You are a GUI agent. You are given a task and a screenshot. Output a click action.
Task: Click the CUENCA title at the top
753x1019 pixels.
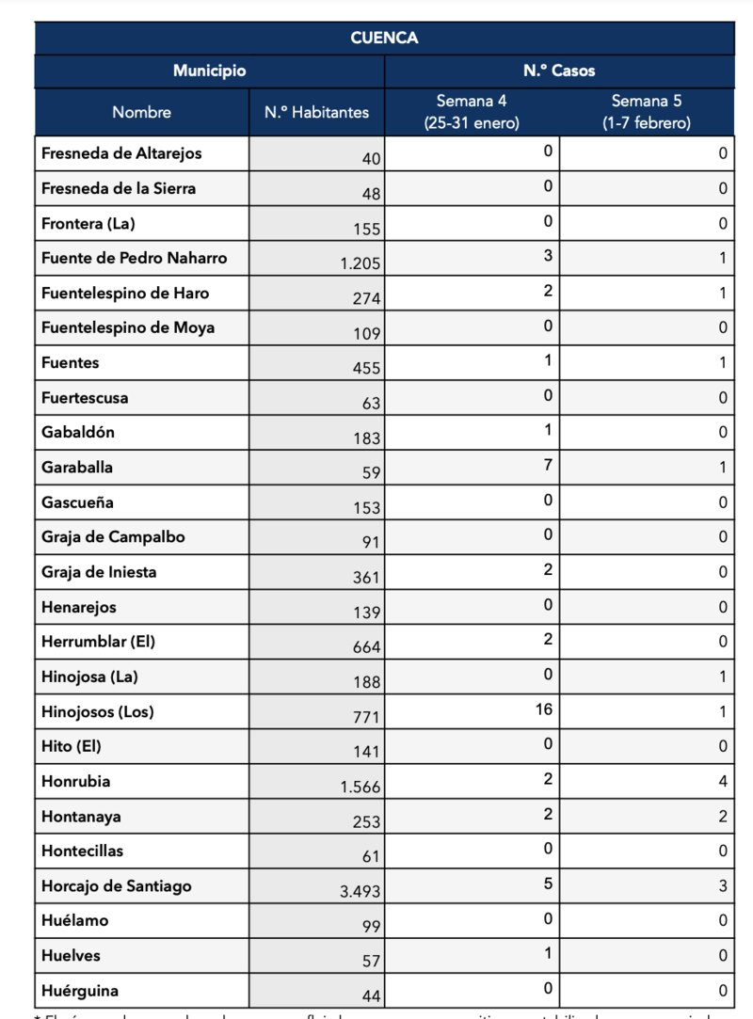pyautogui.click(x=384, y=38)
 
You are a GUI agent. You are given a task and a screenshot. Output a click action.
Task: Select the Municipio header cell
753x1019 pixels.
pyautogui.click(x=209, y=72)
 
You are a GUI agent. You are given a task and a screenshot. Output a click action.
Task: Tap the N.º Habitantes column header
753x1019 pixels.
pyautogui.click(x=316, y=112)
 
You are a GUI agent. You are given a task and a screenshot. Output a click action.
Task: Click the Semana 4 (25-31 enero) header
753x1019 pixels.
pyautogui.click(x=472, y=112)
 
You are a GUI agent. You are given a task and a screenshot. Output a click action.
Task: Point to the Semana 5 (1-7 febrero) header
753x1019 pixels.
pyautogui.click(x=647, y=112)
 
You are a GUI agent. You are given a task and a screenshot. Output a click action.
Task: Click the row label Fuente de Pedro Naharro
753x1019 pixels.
pyautogui.click(x=135, y=258)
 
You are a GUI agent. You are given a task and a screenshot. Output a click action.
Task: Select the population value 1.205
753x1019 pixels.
pyautogui.click(x=360, y=264)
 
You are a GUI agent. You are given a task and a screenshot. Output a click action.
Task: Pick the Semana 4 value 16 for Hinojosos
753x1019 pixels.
pyautogui.click(x=543, y=709)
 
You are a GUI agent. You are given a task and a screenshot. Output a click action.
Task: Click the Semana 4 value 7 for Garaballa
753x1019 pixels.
pyautogui.click(x=548, y=465)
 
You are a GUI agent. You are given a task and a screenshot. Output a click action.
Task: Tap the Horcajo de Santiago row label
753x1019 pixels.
pyautogui.click(x=117, y=885)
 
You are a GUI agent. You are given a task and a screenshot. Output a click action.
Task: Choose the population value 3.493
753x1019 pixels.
pyautogui.click(x=360, y=891)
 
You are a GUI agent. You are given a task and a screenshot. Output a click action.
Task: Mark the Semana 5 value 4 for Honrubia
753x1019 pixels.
pyautogui.click(x=723, y=780)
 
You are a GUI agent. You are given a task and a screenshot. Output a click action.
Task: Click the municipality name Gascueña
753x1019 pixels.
pyautogui.click(x=77, y=502)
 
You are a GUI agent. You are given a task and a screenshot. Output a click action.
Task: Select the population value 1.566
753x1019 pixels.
pyautogui.click(x=360, y=787)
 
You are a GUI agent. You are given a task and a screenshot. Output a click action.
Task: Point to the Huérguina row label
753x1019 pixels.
pyautogui.click(x=80, y=991)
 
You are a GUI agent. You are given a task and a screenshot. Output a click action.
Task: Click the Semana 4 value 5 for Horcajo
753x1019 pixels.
pyautogui.click(x=548, y=883)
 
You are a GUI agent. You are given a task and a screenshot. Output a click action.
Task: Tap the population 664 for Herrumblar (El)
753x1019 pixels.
pyautogui.click(x=366, y=647)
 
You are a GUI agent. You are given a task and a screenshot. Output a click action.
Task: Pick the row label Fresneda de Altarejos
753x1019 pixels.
pyautogui.click(x=121, y=153)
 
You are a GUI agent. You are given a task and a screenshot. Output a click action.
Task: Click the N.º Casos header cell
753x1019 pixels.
pyautogui.click(x=559, y=72)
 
